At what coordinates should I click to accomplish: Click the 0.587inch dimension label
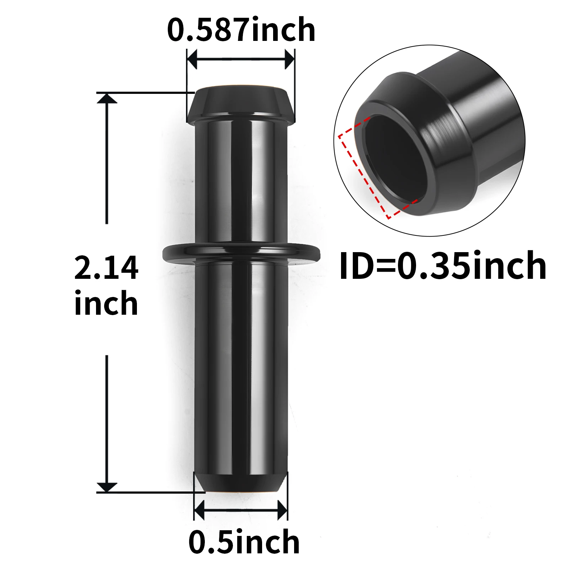pos(241,30)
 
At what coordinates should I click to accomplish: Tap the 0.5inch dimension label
pos(244,542)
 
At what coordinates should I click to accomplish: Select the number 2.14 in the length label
pos(106,267)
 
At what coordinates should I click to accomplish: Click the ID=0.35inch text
pos(443,266)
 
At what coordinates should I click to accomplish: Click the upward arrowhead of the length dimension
pos(107,98)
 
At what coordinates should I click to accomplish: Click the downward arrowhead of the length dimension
pos(107,488)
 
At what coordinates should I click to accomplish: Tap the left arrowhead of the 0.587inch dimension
pos(192,59)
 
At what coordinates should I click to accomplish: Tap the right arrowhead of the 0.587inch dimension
pos(289,59)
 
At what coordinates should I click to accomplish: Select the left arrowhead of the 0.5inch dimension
pos(199,510)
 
